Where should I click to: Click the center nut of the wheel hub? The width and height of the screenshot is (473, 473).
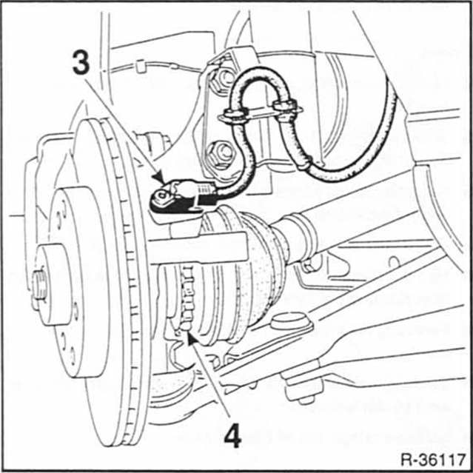coord(39,285)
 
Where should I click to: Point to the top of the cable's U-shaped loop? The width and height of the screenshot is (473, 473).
coord(258,72)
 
